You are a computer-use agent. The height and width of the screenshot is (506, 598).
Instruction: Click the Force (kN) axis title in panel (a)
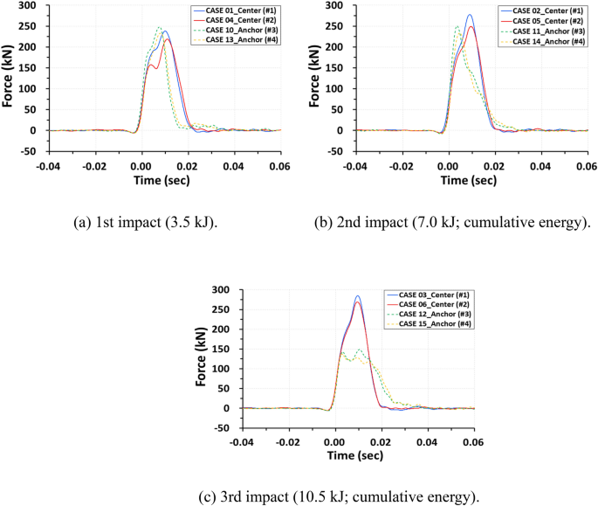[8, 78]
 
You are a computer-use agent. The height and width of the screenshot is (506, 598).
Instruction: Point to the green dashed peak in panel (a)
[158, 27]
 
